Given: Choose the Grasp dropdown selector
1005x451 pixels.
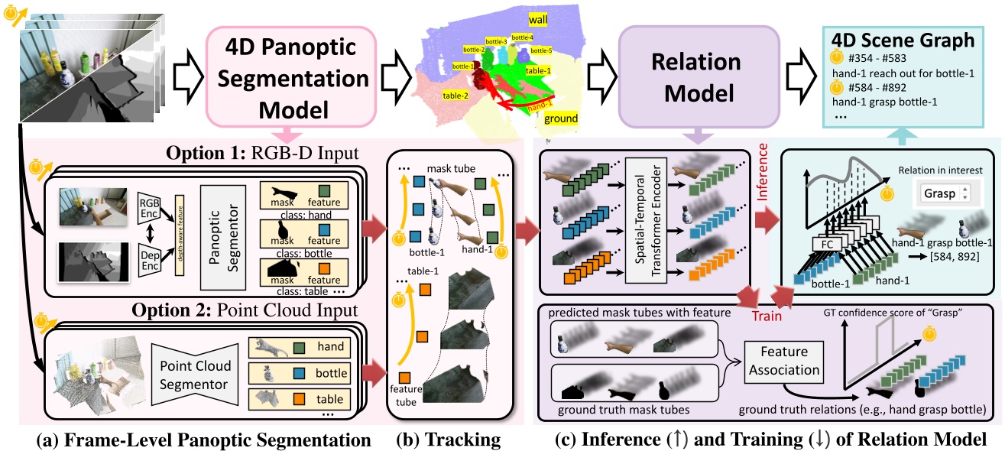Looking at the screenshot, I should coord(945,193).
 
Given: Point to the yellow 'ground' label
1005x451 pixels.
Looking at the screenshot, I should coord(561,119).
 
